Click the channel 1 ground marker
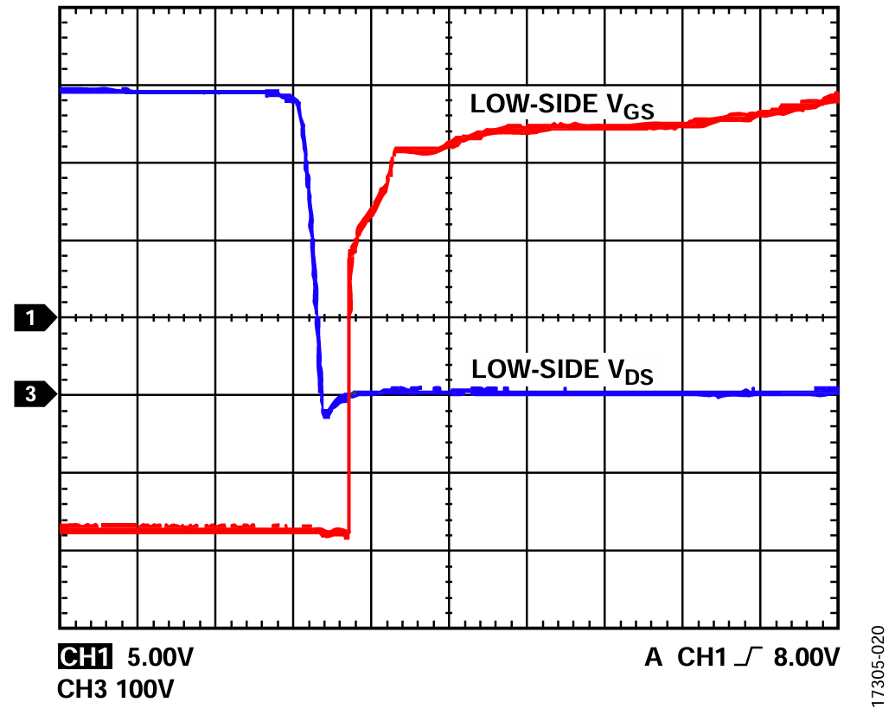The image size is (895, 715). [35, 318]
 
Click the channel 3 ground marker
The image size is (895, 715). [35, 395]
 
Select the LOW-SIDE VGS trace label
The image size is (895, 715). [561, 106]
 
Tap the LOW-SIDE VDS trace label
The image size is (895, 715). [561, 371]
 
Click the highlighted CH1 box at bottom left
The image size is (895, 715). [85, 658]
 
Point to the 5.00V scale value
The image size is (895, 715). [161, 658]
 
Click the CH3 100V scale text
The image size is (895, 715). [115, 690]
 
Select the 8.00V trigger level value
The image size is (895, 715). [806, 658]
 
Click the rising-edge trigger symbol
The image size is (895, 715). [745, 658]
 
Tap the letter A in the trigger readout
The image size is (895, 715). [655, 658]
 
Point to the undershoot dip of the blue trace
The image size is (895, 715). [325, 415]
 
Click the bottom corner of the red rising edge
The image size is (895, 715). [348, 536]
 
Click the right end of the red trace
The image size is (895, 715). [836, 96]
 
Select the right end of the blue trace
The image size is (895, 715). [836, 392]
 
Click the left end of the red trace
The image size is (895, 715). [61, 527]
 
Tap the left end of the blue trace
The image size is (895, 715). [61, 90]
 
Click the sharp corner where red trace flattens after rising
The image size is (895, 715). [395, 150]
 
